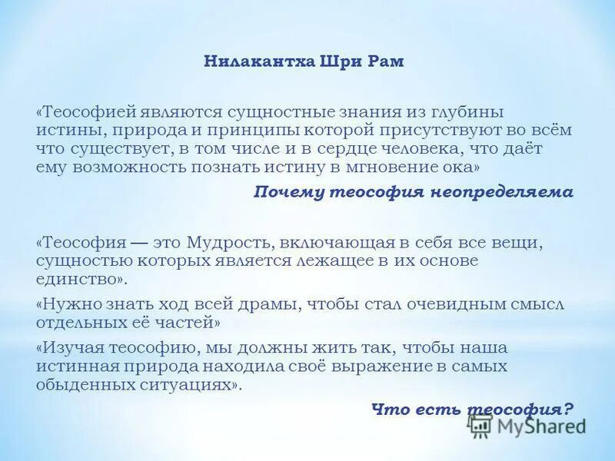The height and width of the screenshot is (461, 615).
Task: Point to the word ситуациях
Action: pos(191,384)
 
